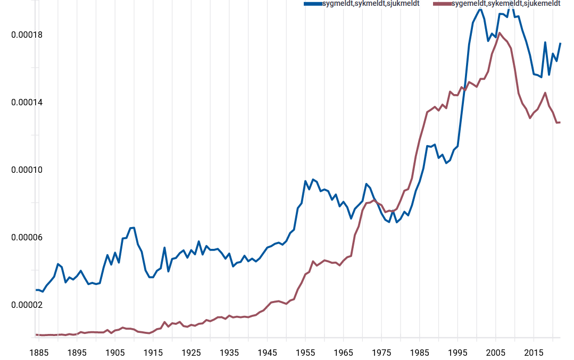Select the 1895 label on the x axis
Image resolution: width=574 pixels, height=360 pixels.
tap(77, 353)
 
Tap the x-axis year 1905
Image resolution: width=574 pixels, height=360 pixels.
tap(115, 353)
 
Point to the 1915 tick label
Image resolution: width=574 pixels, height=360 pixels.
tap(153, 353)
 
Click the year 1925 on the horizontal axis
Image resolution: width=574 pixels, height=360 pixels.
tap(191, 353)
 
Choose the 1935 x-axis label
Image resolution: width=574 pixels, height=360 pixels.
tap(229, 353)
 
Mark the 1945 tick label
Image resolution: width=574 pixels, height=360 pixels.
tap(267, 353)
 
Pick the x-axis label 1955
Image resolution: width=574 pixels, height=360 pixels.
tap(305, 353)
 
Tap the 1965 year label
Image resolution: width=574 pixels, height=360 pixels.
tap(343, 353)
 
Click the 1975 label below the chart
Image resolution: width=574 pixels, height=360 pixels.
tap(381, 353)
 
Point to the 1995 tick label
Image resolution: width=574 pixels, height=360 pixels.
tap(457, 353)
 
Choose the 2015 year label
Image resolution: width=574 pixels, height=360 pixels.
tap(534, 353)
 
